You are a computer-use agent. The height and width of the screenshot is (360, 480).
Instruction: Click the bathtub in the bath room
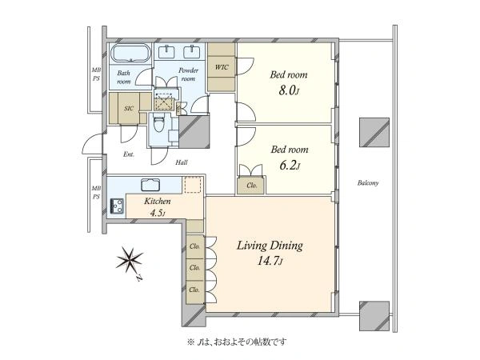tap(130, 54)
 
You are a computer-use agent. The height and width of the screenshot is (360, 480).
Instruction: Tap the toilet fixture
tap(158, 123)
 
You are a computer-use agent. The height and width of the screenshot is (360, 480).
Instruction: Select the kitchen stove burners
tap(118, 206)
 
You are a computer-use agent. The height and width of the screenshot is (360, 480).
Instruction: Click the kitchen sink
tap(150, 185)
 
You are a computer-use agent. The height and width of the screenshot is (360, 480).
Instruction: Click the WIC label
tap(222, 67)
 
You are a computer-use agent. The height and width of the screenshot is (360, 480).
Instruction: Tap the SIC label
tap(129, 108)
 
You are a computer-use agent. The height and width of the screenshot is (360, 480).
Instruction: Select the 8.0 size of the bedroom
tap(288, 91)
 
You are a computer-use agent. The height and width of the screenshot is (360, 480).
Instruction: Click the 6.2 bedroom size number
tap(290, 166)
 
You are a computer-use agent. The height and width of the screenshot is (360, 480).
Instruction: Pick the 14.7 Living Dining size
tap(270, 261)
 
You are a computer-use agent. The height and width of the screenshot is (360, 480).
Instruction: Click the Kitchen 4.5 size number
tap(158, 213)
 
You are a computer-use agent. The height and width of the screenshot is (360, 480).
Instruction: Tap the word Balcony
tap(368, 183)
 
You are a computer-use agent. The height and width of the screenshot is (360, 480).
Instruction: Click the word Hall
tap(182, 162)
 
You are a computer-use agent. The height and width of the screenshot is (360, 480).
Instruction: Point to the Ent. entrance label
tap(129, 154)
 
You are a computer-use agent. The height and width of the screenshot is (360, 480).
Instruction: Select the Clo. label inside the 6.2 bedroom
tap(252, 186)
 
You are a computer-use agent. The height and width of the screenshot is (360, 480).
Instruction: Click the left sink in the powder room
tap(167, 51)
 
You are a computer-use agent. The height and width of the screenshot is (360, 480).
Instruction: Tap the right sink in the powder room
tap(192, 51)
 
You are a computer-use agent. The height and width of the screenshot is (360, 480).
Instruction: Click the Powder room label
tap(188, 74)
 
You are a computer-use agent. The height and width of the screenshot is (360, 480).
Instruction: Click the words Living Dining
tap(270, 246)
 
